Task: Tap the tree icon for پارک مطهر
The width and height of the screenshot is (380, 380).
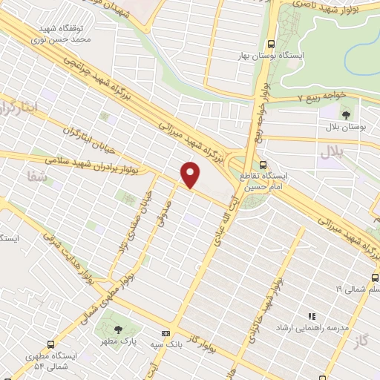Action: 117,330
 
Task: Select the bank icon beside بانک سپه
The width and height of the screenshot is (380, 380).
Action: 166,334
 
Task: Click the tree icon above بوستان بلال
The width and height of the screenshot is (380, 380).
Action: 346,114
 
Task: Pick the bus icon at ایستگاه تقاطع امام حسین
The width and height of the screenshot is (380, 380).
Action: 263,165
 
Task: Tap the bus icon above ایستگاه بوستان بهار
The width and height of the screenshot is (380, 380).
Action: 272,43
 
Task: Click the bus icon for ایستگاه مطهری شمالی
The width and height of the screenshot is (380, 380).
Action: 50,344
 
